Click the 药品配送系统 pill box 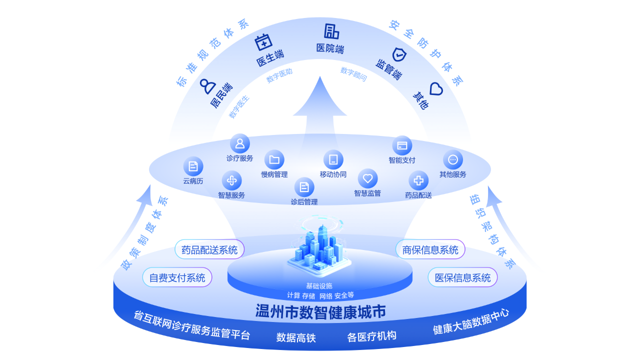(x=209, y=249)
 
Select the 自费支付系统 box (x=177, y=277)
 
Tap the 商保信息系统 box (x=430, y=249)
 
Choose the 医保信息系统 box (x=462, y=277)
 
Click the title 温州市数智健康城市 (x=320, y=312)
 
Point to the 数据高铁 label (x=296, y=337)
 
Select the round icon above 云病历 (x=193, y=166)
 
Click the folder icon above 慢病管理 (x=274, y=160)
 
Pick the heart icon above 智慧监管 (x=367, y=178)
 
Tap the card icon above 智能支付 (x=402, y=145)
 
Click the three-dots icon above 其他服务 (x=453, y=160)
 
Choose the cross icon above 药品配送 (x=418, y=180)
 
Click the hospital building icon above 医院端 (x=331, y=31)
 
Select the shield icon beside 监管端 (x=399, y=54)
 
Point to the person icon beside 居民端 (x=206, y=86)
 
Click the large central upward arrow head (x=320, y=97)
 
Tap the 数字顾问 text (x=353, y=74)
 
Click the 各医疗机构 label (x=371, y=335)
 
